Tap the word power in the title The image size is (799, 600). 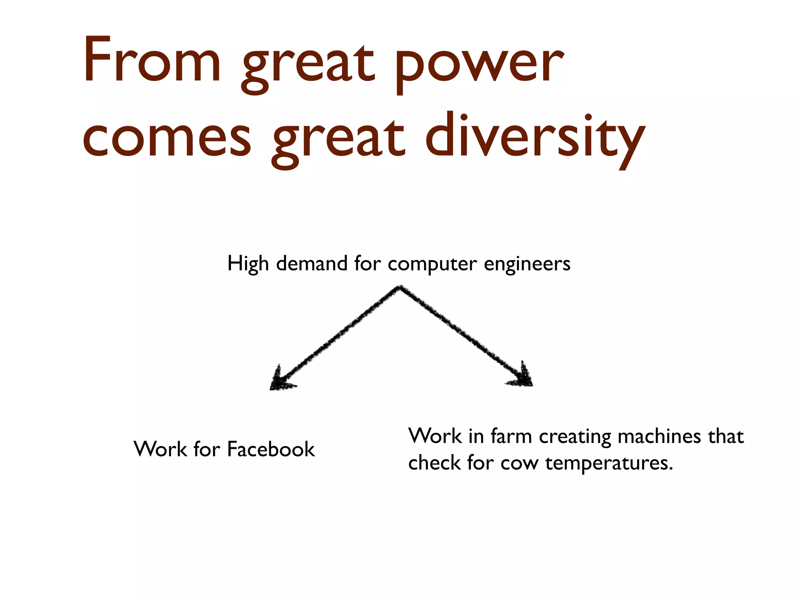click(479, 64)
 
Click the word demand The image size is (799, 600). click(312, 263)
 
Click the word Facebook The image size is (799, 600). click(271, 449)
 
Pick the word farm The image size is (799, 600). click(511, 436)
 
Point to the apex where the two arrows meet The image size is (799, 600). click(399, 288)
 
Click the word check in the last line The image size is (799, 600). click(435, 463)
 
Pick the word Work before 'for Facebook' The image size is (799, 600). click(160, 449)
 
